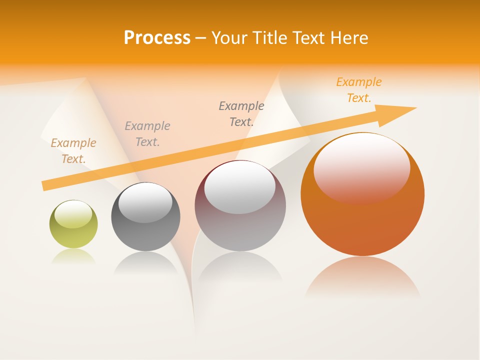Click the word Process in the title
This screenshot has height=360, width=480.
pyautogui.click(x=157, y=38)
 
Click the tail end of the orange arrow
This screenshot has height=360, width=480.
pyautogui.click(x=46, y=185)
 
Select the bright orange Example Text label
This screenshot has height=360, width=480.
pyautogui.click(x=359, y=90)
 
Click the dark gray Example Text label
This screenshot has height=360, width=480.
pyautogui.click(x=241, y=114)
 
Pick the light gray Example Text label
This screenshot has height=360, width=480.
pyautogui.click(x=147, y=134)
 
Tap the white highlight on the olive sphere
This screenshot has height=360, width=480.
pyautogui.click(x=73, y=214)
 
